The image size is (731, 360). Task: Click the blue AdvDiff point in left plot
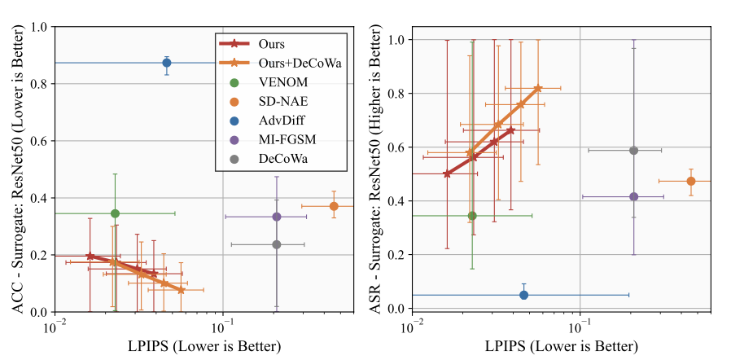(167, 63)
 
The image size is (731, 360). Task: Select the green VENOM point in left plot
(115, 213)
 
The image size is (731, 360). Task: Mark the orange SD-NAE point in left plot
(334, 206)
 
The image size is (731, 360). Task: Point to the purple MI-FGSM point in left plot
(277, 217)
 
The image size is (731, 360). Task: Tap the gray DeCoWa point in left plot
(277, 244)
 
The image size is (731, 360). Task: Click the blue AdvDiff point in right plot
(523, 295)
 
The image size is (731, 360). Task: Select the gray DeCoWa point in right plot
(634, 151)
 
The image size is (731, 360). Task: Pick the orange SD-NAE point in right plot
(691, 181)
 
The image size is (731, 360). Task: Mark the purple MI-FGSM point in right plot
(634, 196)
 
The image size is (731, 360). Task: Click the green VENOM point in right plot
(472, 216)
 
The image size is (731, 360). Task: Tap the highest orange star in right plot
(538, 88)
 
